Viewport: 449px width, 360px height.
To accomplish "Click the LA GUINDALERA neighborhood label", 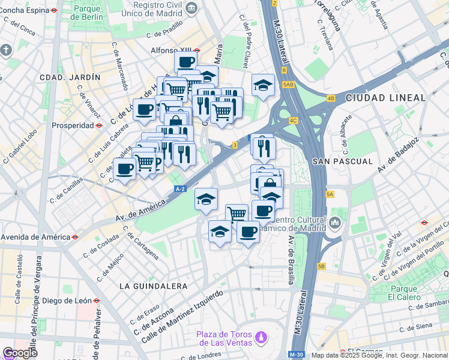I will click(153, 286).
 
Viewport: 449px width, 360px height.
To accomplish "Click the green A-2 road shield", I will click(180, 189).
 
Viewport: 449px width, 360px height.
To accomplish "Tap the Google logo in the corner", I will click(20, 353).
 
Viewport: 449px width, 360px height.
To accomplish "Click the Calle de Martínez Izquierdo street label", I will click(182, 316).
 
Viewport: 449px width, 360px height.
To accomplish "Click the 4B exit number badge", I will click(331, 98).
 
